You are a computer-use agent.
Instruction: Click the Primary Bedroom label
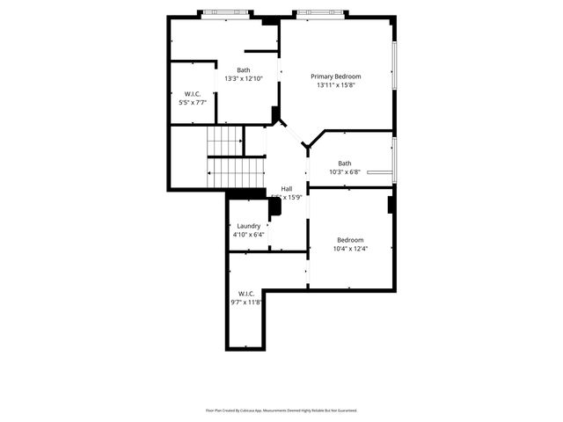pos(335,76)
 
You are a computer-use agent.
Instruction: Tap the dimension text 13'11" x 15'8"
pos(335,85)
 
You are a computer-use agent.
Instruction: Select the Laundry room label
pos(249,226)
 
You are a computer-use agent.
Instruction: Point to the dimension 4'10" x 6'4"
pos(249,235)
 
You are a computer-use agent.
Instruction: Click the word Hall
pos(287,189)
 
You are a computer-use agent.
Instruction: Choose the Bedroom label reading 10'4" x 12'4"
pos(350,240)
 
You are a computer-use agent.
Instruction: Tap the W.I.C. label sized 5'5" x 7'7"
pos(194,94)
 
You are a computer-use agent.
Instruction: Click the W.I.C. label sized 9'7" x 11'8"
pos(245,294)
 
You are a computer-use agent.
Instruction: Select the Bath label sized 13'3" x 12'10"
pos(244,70)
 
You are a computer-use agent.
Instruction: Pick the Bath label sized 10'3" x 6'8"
pos(345,163)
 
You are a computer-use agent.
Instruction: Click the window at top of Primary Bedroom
pos(314,13)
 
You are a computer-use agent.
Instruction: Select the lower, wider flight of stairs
pos(236,172)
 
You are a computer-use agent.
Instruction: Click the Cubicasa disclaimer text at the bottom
pos(281,410)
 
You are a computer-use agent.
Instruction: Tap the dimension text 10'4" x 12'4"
pos(350,249)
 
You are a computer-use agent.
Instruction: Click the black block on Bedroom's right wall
pos(391,204)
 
